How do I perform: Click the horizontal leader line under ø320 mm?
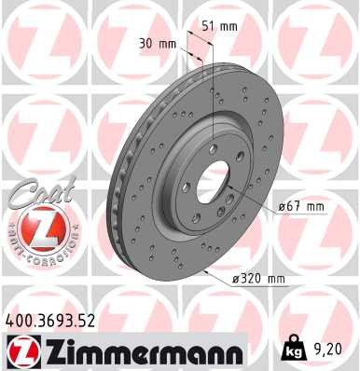point(280,286)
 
